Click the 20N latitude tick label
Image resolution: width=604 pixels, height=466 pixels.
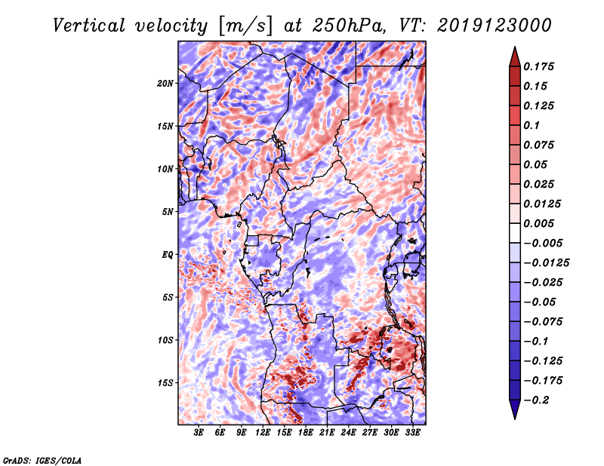pos(165,83)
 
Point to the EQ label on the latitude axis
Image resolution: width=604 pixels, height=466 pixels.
pos(168,255)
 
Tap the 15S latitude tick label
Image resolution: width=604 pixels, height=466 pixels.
pos(165,383)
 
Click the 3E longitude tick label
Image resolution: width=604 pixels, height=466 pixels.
pos(199,433)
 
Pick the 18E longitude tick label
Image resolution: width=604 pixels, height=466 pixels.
pos(306,433)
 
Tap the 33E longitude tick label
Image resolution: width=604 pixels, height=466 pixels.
pos(412,433)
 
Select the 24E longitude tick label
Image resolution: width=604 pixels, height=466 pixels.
pos(348,433)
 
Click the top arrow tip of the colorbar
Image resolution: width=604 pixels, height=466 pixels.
pos(514,48)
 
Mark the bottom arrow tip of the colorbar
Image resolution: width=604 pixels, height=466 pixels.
pos(514,417)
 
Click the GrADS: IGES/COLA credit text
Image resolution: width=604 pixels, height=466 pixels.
pos(42,459)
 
